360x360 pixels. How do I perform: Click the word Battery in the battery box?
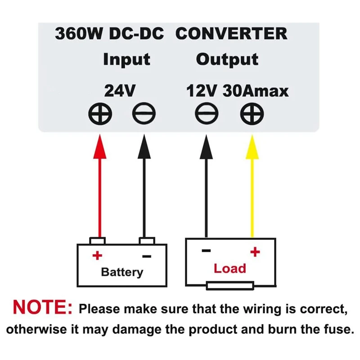point(122,272)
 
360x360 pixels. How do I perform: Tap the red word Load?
point(230,269)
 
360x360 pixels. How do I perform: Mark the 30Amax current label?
point(256,91)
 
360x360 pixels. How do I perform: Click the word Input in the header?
point(126,59)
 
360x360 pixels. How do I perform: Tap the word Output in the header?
point(227,59)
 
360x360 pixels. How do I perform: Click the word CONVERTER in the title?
point(231,34)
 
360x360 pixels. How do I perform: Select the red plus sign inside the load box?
point(255,252)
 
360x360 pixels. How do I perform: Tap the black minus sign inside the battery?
point(147,257)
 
